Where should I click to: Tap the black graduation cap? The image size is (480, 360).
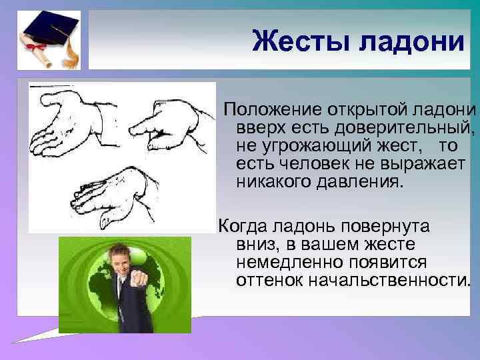pos(50,29)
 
